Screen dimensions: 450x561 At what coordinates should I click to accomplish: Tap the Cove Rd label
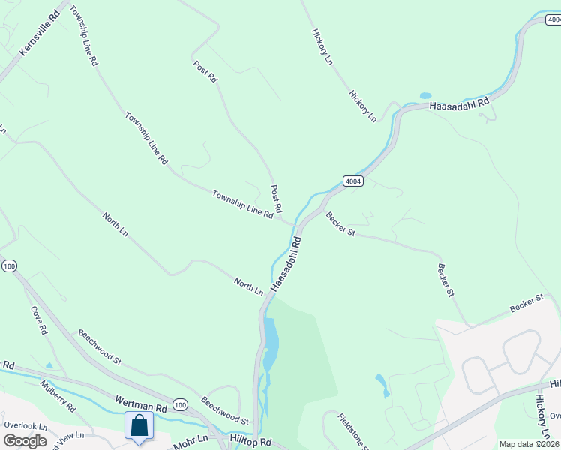coord(39,319)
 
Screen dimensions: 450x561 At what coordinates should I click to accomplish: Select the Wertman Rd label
coord(139,403)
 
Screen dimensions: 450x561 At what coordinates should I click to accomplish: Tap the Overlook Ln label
coord(25,425)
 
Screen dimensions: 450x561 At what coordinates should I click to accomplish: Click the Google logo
coord(25,441)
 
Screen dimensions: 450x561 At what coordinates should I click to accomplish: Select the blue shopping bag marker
coord(139,426)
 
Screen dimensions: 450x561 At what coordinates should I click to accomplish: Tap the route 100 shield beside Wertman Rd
coord(180,405)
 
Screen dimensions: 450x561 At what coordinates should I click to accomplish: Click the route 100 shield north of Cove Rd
coord(9,266)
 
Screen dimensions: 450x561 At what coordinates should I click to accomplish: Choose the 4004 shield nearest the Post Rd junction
coord(353,181)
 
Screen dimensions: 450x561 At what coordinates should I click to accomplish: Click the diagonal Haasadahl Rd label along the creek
coord(286,265)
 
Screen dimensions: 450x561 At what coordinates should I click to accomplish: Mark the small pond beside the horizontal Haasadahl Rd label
coord(425,96)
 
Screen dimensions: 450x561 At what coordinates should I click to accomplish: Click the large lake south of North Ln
coord(270,341)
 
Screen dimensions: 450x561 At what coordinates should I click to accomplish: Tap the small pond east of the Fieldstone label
coord(382,384)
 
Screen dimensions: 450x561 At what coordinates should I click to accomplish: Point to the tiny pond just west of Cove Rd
coord(49,366)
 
